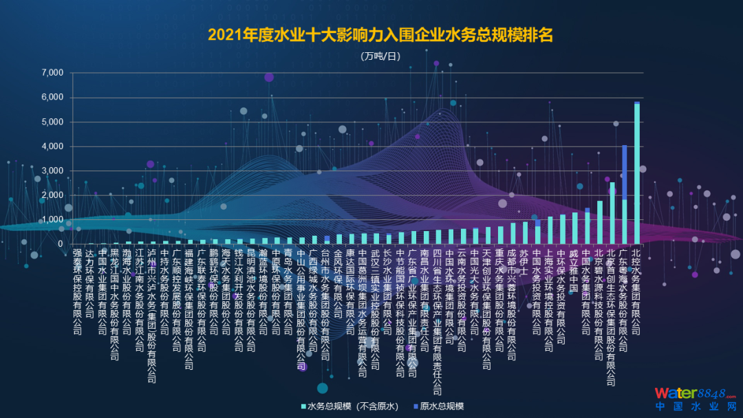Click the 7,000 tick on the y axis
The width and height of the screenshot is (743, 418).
[52, 73]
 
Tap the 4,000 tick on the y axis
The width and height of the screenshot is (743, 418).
[52, 146]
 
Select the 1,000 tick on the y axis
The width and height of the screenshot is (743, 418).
[52, 220]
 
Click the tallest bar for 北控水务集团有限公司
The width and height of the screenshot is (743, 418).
[636, 172]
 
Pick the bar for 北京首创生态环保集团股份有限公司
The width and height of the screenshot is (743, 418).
[612, 213]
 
